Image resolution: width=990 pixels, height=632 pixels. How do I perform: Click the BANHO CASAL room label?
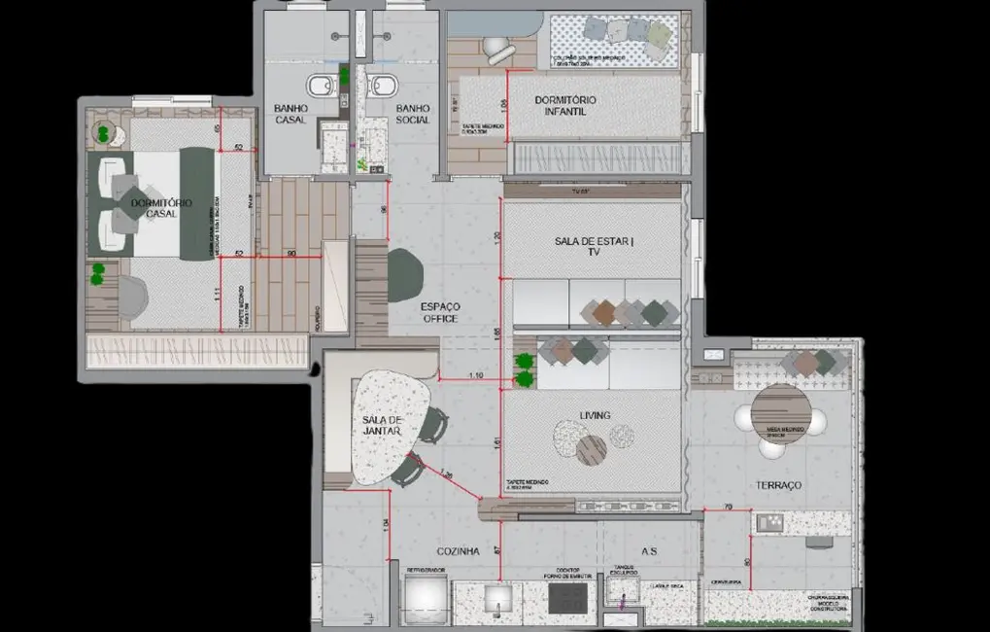point(290,114)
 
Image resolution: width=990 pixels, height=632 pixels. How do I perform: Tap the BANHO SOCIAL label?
point(413,114)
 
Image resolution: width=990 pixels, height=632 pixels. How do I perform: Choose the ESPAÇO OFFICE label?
point(439,312)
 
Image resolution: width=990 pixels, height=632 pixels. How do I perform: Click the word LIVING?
point(595,416)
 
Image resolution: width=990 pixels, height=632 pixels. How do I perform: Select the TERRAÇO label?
point(779,485)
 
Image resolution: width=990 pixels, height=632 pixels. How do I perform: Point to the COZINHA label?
point(459,551)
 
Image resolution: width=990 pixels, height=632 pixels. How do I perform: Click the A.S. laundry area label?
point(649,551)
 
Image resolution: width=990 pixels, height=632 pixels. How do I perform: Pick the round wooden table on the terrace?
point(781,413)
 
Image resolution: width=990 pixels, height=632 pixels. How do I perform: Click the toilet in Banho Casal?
point(319,87)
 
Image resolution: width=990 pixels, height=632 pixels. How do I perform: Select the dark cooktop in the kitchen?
point(567,598)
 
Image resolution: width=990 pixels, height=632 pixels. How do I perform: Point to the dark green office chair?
point(405,275)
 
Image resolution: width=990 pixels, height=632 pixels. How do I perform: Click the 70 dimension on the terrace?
point(729,507)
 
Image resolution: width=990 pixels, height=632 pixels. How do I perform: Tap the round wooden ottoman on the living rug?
point(591,449)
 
